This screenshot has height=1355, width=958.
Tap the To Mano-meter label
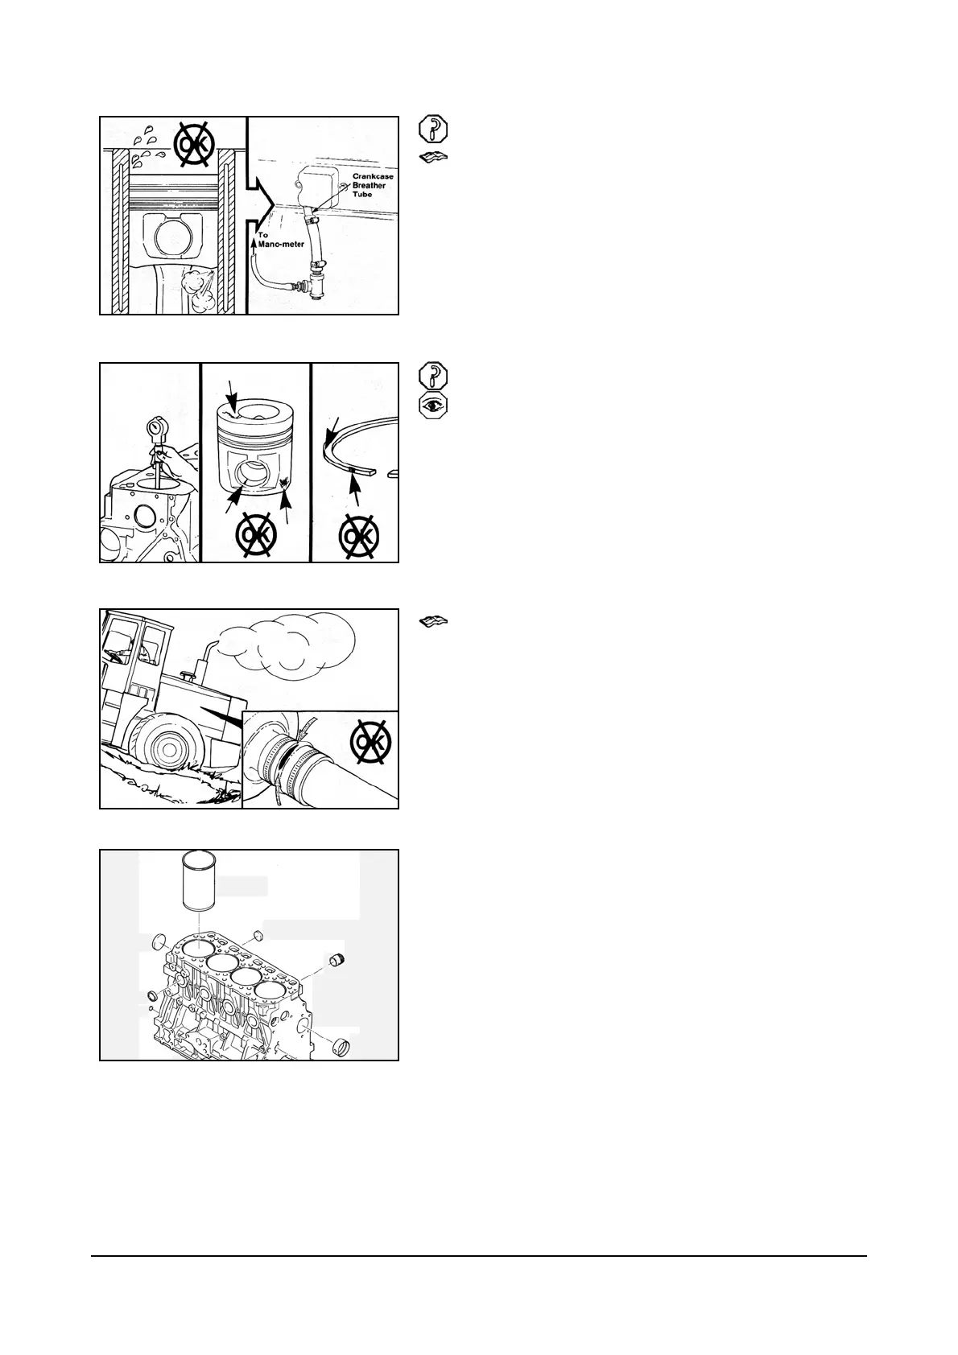point(281,240)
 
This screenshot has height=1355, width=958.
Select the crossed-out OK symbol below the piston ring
point(358,535)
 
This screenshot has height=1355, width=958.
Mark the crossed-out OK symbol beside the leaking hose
point(372,739)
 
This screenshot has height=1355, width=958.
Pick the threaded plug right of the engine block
point(340,961)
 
